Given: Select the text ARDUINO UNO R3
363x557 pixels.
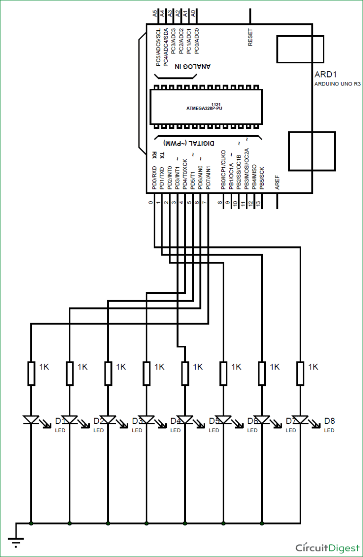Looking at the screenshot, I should pyautogui.click(x=337, y=85).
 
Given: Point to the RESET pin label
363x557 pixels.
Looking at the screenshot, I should pyautogui.click(x=250, y=38).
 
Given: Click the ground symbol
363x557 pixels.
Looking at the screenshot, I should pyautogui.click(x=16, y=541).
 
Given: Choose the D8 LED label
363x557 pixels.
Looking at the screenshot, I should pyautogui.click(x=329, y=420).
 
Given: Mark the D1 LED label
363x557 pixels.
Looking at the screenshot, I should pyautogui.click(x=60, y=420).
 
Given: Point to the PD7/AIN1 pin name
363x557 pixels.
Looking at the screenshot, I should pyautogui.click(x=208, y=178).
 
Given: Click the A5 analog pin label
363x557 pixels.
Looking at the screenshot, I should pyautogui.click(x=155, y=14).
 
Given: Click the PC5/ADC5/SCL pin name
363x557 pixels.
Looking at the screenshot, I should pyautogui.click(x=158, y=47).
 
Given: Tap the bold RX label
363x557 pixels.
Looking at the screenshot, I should pyautogui.click(x=155, y=154).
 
